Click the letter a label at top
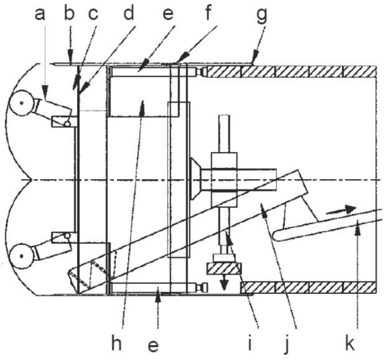pos(40,14)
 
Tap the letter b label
pos(70,12)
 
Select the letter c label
pos(93,15)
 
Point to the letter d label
pos(128,12)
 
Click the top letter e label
pos(169,15)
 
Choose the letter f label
pos(208,12)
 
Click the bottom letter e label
pos(153,345)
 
